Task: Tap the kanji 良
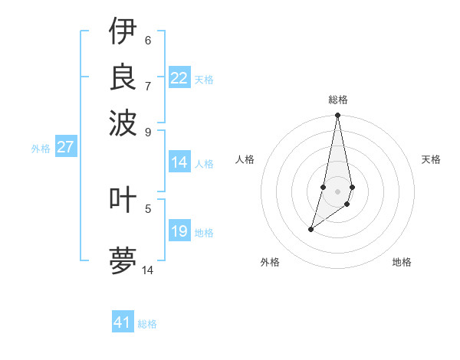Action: coord(123,77)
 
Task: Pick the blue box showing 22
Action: coord(179,78)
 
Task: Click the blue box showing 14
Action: coord(179,162)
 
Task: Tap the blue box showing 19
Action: coord(179,231)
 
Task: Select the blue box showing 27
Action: coord(65,147)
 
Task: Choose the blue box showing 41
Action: coord(123,322)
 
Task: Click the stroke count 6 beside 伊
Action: coord(148,41)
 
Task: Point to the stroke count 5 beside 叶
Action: coord(148,208)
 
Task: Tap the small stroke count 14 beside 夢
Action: coord(148,270)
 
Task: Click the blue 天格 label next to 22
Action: coord(204,80)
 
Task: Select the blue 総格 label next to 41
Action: coord(147,324)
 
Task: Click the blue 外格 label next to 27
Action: coord(41,149)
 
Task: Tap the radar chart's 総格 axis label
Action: coord(338,100)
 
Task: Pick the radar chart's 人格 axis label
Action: coord(245,159)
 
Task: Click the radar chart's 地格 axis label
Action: coord(402,262)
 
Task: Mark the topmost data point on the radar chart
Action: coord(337,116)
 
